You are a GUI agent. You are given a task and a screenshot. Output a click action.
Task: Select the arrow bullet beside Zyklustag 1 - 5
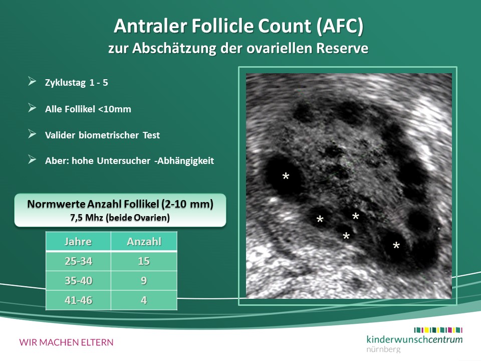pyautogui.click(x=32, y=81)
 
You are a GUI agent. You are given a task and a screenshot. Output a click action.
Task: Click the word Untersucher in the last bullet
pyautogui.click(x=124, y=160)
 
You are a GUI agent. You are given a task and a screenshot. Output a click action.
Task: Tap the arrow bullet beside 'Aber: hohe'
pyautogui.click(x=32, y=159)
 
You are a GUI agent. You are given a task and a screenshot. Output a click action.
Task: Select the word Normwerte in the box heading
pyautogui.click(x=56, y=204)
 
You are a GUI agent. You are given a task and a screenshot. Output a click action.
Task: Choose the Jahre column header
pyautogui.click(x=78, y=242)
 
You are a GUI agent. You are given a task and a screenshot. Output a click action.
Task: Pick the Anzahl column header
pyautogui.click(x=144, y=242)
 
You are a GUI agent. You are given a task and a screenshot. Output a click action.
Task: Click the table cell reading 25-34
pyautogui.click(x=78, y=261)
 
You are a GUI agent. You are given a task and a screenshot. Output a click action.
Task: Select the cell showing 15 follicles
pyautogui.click(x=144, y=261)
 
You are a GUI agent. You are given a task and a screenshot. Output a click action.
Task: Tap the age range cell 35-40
pyautogui.click(x=78, y=281)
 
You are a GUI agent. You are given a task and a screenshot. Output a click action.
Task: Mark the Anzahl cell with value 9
pyautogui.click(x=144, y=281)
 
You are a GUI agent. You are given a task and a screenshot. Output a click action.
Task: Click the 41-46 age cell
pyautogui.click(x=78, y=300)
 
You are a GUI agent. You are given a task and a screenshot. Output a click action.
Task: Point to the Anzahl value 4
pyautogui.click(x=144, y=300)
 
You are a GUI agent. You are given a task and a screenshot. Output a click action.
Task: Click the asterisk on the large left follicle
pyautogui.click(x=286, y=176)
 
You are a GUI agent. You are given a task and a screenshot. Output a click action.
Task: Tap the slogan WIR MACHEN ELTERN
pyautogui.click(x=66, y=342)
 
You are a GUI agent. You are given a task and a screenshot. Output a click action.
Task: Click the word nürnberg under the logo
pyautogui.click(x=383, y=349)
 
